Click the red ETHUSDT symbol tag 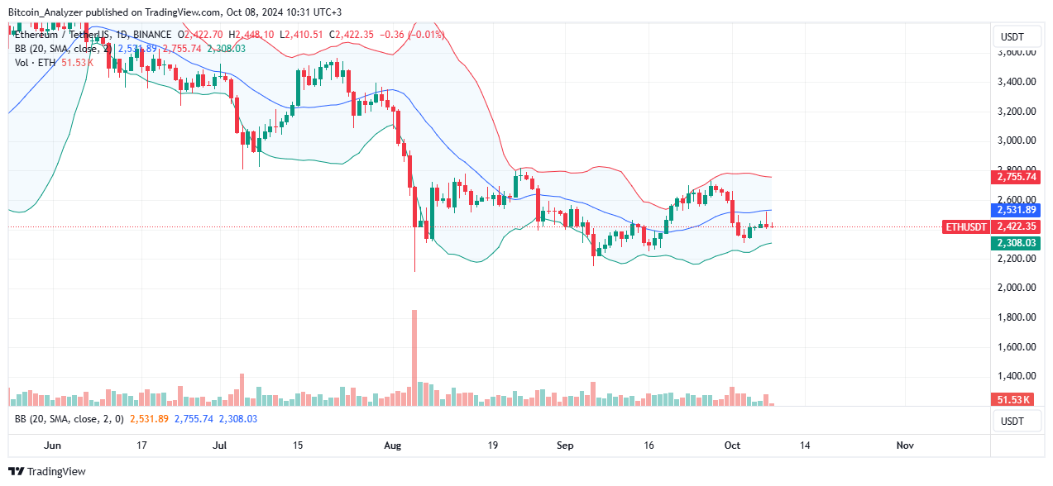tap(965, 226)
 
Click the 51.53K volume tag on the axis tap(1011, 400)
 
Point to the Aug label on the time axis tap(392, 445)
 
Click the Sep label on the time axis tap(565, 445)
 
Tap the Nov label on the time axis tap(905, 445)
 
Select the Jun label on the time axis tap(51, 445)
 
